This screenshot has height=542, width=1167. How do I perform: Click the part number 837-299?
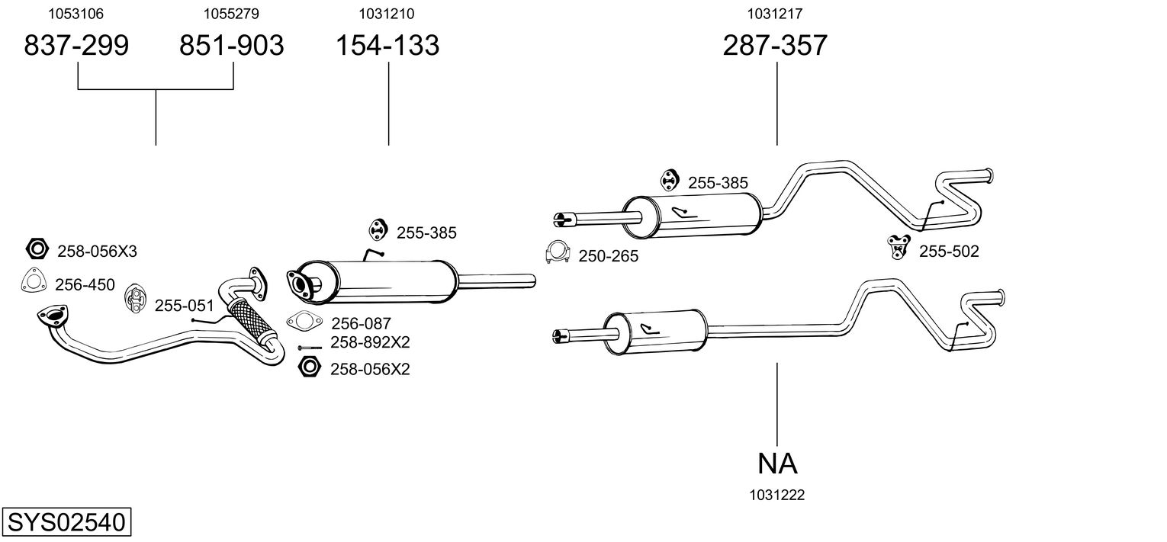(76, 46)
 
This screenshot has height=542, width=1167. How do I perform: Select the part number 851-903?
(231, 46)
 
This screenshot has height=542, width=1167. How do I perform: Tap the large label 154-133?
(388, 46)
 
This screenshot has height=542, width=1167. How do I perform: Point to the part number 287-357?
(775, 46)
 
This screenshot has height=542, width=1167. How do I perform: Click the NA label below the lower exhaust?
(777, 463)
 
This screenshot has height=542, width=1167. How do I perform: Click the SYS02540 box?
(66, 523)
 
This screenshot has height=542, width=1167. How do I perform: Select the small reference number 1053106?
(76, 14)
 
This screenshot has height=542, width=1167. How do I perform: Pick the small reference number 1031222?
(777, 495)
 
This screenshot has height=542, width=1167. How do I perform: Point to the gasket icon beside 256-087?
(303, 322)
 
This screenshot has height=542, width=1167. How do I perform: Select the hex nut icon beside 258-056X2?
(310, 367)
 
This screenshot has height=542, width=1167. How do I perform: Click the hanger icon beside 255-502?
(898, 246)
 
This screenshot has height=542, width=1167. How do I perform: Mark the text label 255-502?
(948, 252)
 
